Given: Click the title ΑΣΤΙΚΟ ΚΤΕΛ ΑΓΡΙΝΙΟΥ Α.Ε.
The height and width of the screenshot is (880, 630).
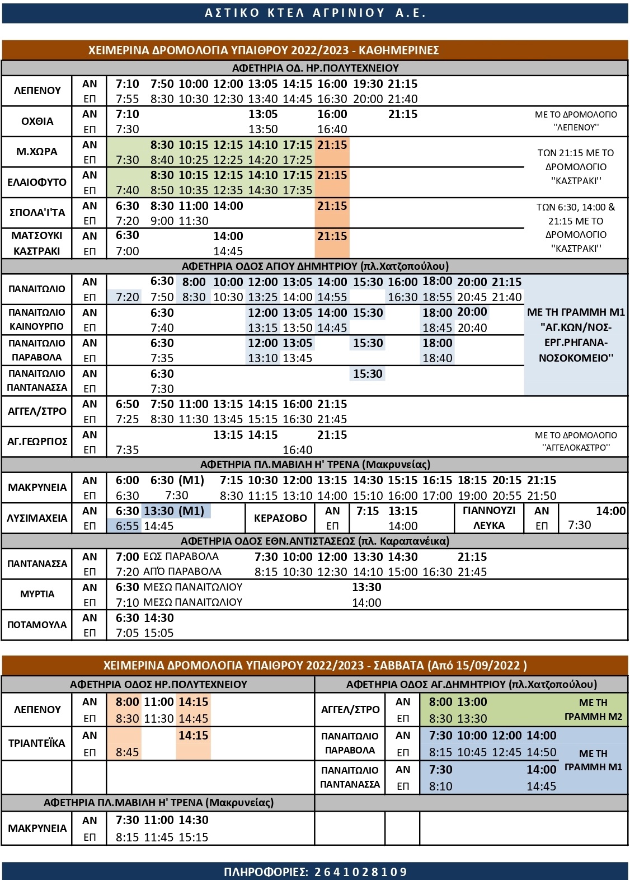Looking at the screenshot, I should tap(315, 13).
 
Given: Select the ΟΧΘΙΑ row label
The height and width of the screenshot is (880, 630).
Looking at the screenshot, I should tap(37, 121).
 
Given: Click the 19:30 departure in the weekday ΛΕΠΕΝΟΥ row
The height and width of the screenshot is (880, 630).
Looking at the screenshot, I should tap(368, 84).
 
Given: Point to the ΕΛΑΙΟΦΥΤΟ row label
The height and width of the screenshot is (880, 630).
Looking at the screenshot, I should tap(37, 182).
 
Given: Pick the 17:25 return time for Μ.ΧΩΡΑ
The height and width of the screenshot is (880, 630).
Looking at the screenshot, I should tap(298, 160).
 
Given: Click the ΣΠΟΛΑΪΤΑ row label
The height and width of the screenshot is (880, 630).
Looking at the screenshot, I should tap(37, 213).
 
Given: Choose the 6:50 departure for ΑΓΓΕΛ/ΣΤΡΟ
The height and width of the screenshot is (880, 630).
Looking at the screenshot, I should tap(127, 404).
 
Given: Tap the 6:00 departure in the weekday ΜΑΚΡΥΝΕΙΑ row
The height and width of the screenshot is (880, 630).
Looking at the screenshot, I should tap(127, 480).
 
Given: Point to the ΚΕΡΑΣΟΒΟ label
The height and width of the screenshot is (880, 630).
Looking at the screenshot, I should tap(280, 518).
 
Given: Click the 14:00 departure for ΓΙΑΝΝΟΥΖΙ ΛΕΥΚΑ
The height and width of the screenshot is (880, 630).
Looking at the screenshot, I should tap(610, 511).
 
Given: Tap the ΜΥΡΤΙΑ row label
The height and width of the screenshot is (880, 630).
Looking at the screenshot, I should tap(37, 595).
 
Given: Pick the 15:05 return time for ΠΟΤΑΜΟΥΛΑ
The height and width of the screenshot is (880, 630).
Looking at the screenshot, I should tap(159, 633).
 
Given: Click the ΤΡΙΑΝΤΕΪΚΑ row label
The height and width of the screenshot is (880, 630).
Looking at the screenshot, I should tap(37, 743).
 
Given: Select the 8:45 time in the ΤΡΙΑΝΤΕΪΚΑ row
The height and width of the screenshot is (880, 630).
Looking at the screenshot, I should tap(127, 752).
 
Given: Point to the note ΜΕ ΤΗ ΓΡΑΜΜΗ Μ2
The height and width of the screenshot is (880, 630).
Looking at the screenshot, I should tap(593, 710).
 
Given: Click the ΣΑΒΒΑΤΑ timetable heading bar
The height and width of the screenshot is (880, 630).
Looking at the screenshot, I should tap(315, 666).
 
